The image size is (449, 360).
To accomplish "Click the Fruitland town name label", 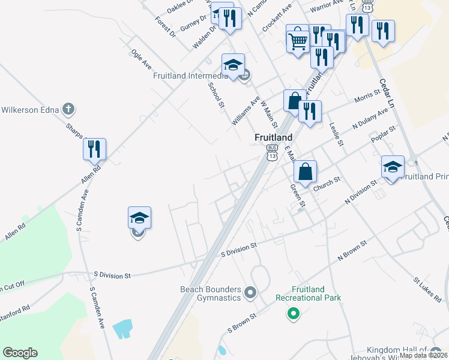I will pos(273,137).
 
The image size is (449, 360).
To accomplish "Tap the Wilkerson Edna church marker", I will pos(69,109).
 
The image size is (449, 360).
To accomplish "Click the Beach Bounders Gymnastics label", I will pos(211,293).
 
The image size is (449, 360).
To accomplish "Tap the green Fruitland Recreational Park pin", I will pos(293,313).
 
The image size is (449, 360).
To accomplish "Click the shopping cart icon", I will pos(298,41).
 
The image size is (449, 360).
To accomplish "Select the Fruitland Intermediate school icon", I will pos(233,65).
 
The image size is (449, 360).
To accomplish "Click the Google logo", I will pos(20,353).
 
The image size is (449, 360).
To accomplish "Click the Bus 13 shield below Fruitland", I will pos(273,152).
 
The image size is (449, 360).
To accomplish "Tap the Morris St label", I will pos(367,96).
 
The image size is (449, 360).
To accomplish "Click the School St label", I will pos(215,95).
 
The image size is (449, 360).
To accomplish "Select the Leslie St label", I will pos(336,134).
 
